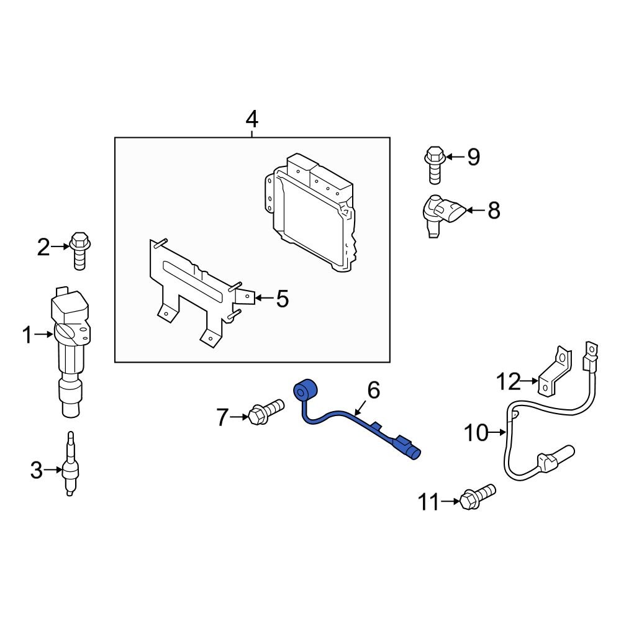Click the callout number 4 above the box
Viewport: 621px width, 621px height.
[252, 118]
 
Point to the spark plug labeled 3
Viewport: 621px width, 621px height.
[71, 466]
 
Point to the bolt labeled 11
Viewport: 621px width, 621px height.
[476, 496]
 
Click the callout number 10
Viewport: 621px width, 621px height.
[476, 433]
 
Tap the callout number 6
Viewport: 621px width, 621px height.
[373, 391]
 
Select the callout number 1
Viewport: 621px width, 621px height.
[26, 336]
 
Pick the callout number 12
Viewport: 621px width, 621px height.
[507, 381]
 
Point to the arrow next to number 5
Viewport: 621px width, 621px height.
[263, 299]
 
